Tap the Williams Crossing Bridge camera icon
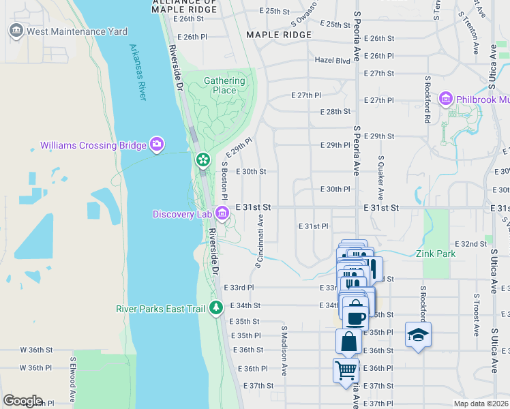click(157, 144)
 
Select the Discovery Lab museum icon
click(222, 214)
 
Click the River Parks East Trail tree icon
click(216, 308)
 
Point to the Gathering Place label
click(224, 85)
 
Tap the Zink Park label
click(435, 254)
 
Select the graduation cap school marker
click(418, 335)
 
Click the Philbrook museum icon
click(446, 100)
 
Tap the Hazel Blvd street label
click(332, 60)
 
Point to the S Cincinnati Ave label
click(260, 242)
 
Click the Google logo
click(22, 401)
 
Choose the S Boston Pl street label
click(224, 179)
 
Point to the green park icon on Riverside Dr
click(202, 160)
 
